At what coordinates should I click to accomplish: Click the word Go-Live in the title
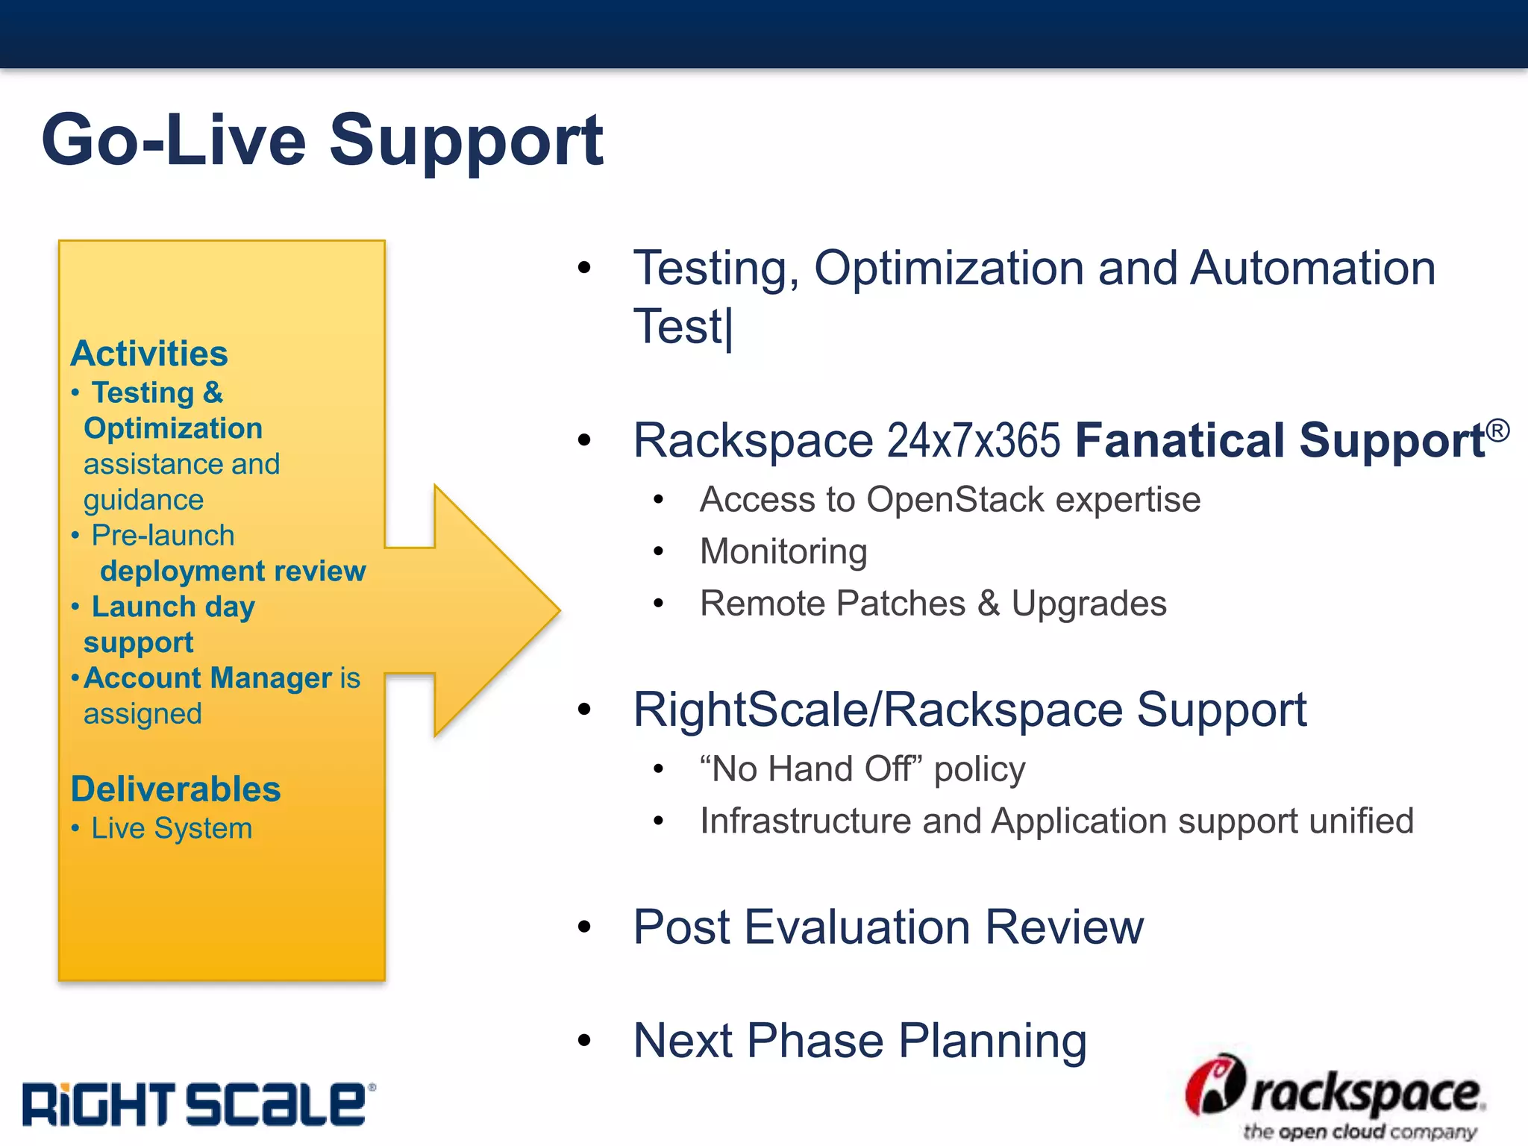click(x=174, y=140)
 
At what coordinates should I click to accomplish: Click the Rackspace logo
click(x=1336, y=1093)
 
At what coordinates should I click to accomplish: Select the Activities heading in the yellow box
click(x=149, y=354)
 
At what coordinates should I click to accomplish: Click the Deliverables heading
click(x=175, y=789)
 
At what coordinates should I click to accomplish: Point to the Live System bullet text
click(x=172, y=828)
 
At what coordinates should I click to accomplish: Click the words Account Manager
click(x=207, y=678)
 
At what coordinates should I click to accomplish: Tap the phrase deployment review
click(x=233, y=571)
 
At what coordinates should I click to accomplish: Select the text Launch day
click(x=173, y=607)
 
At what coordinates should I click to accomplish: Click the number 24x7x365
click(x=973, y=440)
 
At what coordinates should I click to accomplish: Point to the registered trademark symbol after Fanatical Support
click(x=1497, y=430)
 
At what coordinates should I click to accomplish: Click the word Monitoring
click(x=783, y=552)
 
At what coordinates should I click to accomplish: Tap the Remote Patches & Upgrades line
click(x=933, y=604)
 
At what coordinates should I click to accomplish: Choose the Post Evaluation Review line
click(x=888, y=927)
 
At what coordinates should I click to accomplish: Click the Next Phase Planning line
click(x=859, y=1041)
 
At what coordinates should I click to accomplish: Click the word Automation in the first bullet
click(x=1312, y=268)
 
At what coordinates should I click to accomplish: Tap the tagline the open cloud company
click(x=1359, y=1132)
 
